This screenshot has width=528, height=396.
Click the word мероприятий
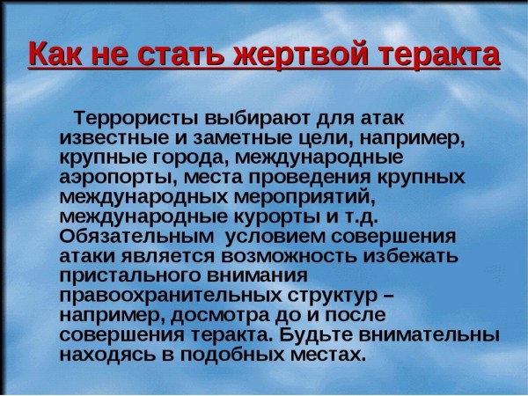[x=304, y=197]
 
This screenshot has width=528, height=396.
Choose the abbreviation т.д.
[x=363, y=217]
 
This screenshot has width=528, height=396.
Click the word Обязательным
[x=136, y=237]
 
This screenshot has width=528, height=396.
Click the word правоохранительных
[x=171, y=296]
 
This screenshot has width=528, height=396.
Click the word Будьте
[x=316, y=335]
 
